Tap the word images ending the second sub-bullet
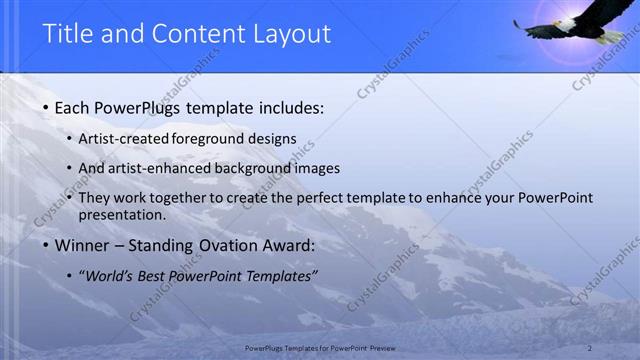(x=318, y=168)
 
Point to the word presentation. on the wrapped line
(x=122, y=214)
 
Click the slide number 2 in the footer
(x=590, y=348)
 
